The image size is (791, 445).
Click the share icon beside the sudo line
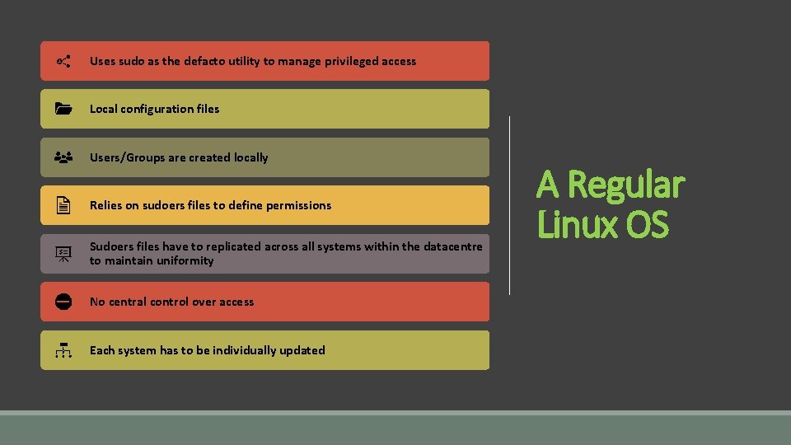63,61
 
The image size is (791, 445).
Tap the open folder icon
63,109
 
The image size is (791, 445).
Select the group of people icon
63,157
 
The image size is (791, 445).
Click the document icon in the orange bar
63,205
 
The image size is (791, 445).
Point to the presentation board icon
63,254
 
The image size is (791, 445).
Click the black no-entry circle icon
63,302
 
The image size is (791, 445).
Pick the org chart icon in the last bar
63,350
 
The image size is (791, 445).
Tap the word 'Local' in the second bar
103,109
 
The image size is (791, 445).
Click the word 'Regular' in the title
625,185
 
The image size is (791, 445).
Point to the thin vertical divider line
510,205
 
